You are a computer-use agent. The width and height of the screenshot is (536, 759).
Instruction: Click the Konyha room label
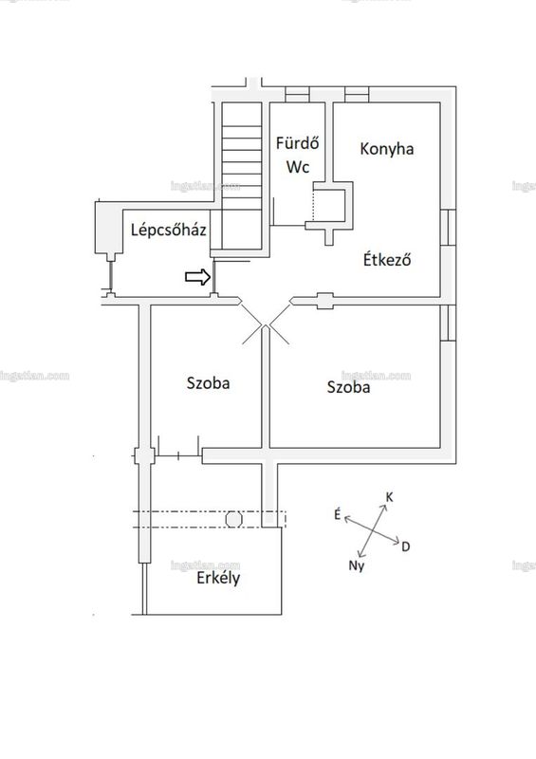click(x=386, y=149)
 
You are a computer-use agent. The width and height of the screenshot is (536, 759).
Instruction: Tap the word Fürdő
click(x=297, y=143)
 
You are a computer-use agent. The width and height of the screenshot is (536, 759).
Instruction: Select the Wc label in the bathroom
click(x=297, y=167)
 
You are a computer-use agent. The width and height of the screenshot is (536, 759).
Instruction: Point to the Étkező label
click(x=387, y=259)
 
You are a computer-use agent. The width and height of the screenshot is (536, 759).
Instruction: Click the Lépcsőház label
click(x=169, y=229)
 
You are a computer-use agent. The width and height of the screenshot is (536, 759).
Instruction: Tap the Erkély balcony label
click(x=218, y=578)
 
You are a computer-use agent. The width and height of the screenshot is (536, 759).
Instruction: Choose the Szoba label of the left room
click(x=208, y=383)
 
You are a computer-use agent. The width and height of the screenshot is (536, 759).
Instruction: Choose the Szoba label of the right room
click(x=348, y=387)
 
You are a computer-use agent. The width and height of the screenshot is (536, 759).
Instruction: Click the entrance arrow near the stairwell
click(x=198, y=277)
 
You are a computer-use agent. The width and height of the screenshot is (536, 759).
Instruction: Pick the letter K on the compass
click(x=389, y=497)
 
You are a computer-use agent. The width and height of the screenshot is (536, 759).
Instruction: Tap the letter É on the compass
click(x=338, y=514)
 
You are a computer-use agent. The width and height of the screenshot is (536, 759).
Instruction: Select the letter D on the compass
click(x=406, y=547)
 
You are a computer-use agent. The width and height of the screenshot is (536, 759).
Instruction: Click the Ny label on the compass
click(x=357, y=565)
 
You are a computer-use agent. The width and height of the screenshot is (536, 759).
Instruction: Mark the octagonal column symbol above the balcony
click(x=234, y=519)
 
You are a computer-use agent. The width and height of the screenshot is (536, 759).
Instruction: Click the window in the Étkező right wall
click(x=449, y=227)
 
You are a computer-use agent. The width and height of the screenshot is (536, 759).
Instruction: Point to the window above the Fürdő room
click(x=297, y=94)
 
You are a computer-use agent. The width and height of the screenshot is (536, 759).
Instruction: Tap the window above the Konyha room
click(x=357, y=94)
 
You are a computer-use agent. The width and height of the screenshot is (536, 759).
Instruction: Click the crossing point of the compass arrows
click(x=373, y=530)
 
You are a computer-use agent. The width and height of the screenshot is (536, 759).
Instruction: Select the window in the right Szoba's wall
click(x=449, y=323)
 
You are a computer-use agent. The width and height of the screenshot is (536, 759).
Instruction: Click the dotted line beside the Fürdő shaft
click(x=314, y=205)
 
